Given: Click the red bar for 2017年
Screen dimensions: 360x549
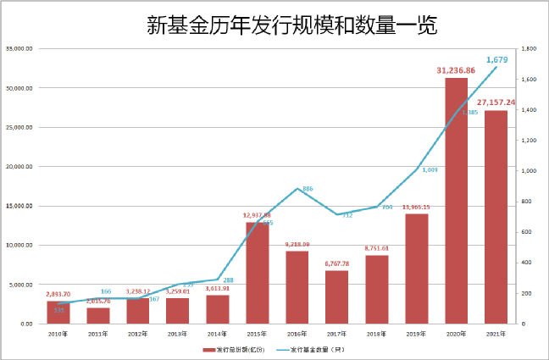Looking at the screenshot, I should pyautogui.click(x=337, y=296).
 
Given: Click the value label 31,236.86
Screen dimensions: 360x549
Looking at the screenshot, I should pyautogui.click(x=457, y=70).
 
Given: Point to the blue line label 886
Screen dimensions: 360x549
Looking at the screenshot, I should pyautogui.click(x=308, y=188).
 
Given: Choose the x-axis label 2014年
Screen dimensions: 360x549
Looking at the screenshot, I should pyautogui.click(x=218, y=333).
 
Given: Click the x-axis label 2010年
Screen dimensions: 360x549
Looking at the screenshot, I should pyautogui.click(x=58, y=333).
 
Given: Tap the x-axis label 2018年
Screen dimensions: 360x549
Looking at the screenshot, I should pyautogui.click(x=377, y=333).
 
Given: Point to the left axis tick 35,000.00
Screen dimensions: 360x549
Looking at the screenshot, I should pyautogui.click(x=19, y=49).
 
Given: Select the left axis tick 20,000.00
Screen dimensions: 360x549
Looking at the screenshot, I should pyautogui.click(x=19, y=167).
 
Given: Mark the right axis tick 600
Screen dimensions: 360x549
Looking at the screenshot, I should pyautogui.click(x=525, y=232).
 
